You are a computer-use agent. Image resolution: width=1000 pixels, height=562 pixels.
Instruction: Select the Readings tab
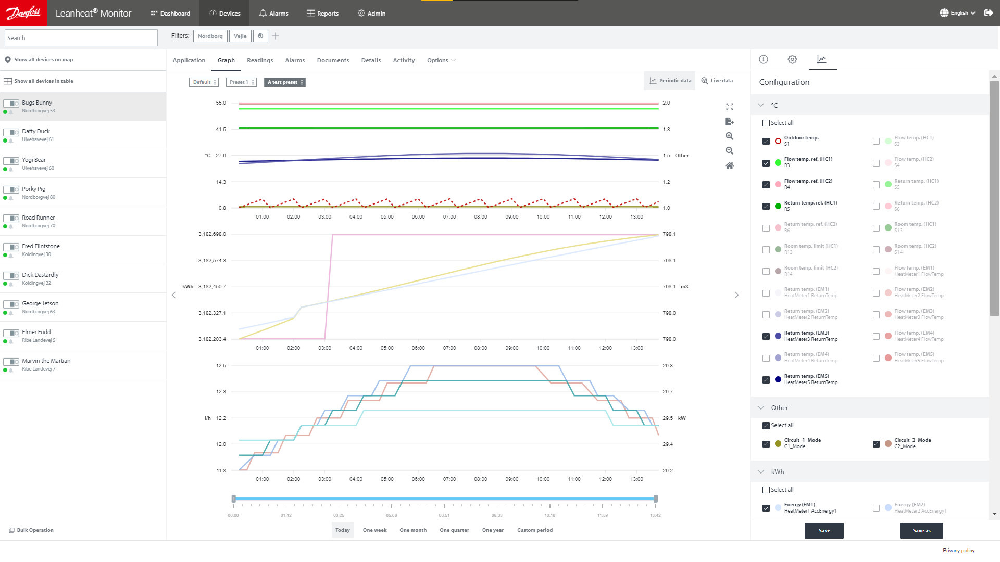260,60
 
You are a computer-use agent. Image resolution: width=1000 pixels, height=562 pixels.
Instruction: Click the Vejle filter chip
240,36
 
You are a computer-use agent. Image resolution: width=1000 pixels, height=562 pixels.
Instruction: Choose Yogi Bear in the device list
34,160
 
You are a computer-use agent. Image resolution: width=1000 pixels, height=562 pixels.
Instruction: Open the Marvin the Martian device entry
46,361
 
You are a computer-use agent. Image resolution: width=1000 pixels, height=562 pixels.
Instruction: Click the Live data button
717,81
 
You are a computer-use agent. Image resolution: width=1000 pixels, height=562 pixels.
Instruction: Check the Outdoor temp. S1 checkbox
766,141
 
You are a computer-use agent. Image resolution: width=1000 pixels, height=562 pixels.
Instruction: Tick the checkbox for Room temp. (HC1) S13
876,228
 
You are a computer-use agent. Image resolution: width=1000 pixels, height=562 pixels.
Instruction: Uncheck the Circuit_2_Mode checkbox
876,444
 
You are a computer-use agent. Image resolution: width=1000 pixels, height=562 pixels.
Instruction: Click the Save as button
921,531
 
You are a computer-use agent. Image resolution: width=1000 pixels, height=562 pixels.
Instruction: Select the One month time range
413,530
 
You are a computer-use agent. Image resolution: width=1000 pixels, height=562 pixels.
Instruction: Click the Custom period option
534,530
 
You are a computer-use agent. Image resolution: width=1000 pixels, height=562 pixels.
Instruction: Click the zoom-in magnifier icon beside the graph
729,136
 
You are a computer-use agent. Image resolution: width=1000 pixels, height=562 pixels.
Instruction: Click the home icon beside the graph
729,166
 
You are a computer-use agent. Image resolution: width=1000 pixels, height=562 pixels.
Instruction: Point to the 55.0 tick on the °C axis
221,103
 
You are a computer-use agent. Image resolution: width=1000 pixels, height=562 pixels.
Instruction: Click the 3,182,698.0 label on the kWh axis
212,234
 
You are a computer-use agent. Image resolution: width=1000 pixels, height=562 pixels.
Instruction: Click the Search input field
81,38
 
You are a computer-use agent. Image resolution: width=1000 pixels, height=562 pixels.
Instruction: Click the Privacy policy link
958,551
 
